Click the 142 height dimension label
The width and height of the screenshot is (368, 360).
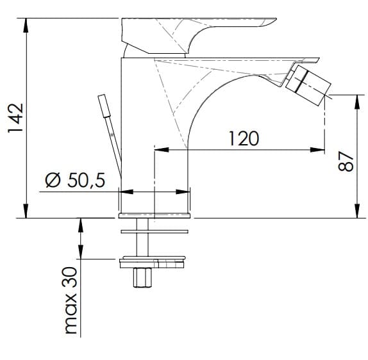pyautogui.click(x=16, y=118)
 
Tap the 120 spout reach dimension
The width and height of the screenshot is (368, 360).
pyautogui.click(x=244, y=138)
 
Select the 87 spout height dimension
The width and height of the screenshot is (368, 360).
pyautogui.click(x=346, y=161)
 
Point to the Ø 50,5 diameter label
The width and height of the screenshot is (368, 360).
pyautogui.click(x=76, y=180)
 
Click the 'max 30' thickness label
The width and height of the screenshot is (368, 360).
pyautogui.click(x=71, y=300)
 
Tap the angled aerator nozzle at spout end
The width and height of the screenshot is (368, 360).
pyautogui.click(x=308, y=85)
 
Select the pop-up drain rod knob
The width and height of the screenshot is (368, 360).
pyautogui.click(x=105, y=106)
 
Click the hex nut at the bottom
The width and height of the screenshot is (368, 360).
pyautogui.click(x=142, y=277)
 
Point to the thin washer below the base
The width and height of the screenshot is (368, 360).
pyautogui.click(x=155, y=232)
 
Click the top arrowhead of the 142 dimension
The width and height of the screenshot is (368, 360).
pyautogui.click(x=26, y=25)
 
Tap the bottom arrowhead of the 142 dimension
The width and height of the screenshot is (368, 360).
pyautogui.click(x=26, y=211)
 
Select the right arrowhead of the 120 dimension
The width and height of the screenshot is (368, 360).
pyautogui.click(x=317, y=150)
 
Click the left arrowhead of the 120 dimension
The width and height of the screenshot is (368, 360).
pyautogui.click(x=162, y=150)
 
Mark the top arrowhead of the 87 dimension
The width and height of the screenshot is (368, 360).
pyautogui.click(x=357, y=102)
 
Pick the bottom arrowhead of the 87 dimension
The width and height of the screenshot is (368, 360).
pyautogui.click(x=357, y=211)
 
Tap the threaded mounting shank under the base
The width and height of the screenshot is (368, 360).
pyautogui.click(x=142, y=237)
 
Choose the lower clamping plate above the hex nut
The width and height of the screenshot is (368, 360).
pyautogui.click(x=153, y=263)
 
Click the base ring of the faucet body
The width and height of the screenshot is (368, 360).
pyautogui.click(x=155, y=215)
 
